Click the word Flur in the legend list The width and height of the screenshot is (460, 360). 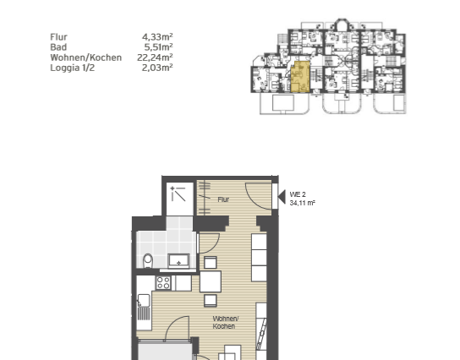59,37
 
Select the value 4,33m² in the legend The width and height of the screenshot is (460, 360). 158,37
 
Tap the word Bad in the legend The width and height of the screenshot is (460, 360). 58,47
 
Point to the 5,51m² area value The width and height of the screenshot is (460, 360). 158,47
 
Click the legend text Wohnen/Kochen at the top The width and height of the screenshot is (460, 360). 86,57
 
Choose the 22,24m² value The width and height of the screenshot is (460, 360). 156,57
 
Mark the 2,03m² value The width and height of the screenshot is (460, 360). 158,67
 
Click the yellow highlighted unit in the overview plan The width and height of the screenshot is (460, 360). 298,77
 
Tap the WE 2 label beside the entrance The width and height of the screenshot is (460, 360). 297,194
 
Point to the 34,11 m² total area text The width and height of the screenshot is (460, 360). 302,204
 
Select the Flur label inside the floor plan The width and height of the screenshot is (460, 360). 223,200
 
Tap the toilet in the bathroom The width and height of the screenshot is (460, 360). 148,259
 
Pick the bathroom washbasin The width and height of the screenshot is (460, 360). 179,259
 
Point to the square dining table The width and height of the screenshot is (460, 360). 211,282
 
